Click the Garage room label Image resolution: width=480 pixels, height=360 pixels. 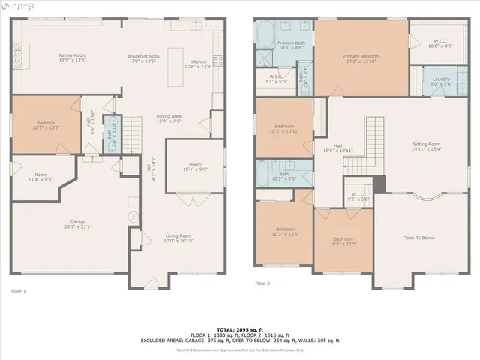78,224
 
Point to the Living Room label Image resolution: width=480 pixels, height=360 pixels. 178,238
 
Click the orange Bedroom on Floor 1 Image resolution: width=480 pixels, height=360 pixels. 46,124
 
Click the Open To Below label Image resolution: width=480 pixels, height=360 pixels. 418,238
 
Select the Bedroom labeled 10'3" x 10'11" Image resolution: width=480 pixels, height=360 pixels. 284,128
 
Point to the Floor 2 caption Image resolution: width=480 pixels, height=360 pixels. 262,283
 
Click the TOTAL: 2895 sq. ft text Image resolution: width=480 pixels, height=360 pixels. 240,329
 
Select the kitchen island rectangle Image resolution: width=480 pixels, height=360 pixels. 175,67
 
